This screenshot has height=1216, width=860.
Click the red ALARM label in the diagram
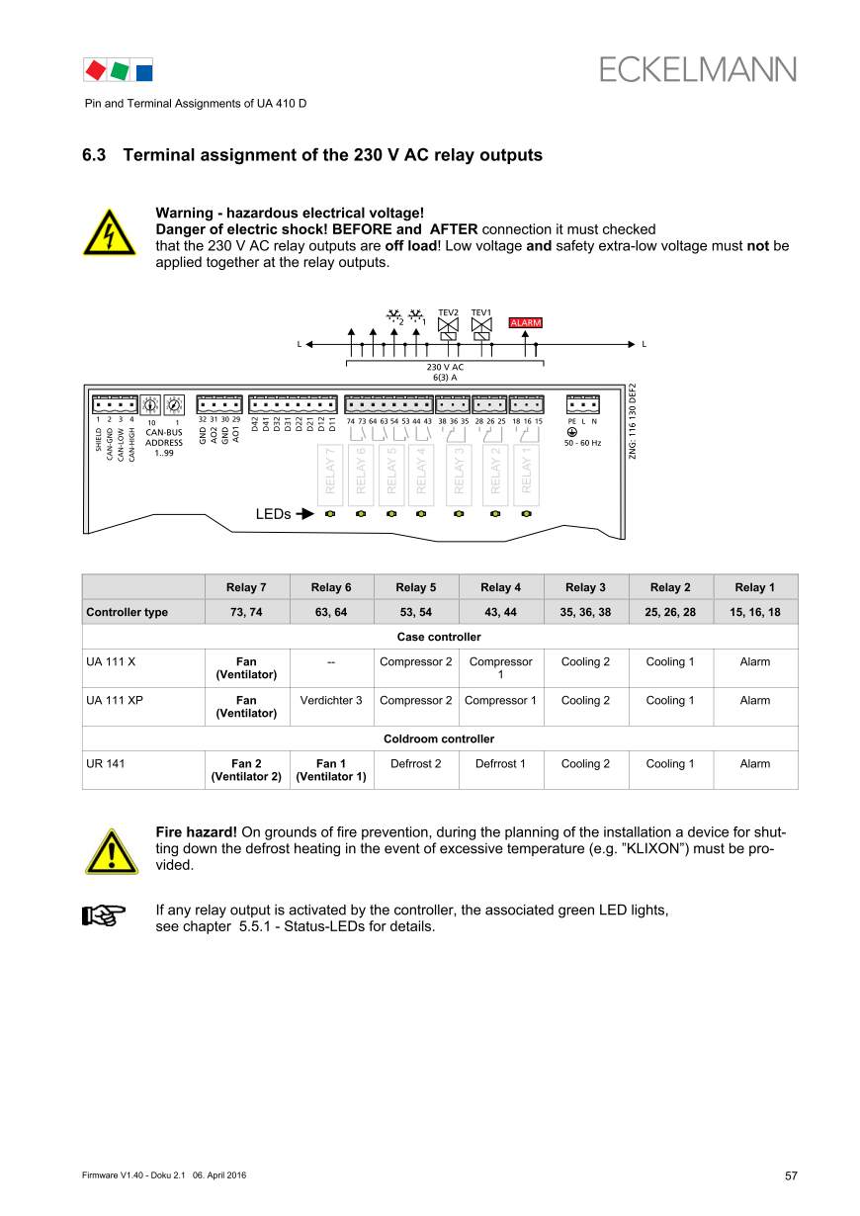click(x=525, y=322)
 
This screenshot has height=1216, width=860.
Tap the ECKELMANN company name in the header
click(x=697, y=69)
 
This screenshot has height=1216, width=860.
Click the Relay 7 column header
click(x=246, y=587)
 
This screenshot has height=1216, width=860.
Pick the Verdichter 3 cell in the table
click(x=331, y=701)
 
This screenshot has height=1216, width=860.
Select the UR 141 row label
click(x=104, y=764)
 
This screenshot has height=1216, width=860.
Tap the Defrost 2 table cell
click(x=415, y=764)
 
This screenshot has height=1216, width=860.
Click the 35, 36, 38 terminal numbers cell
click(x=585, y=613)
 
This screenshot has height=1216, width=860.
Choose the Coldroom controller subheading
click(x=439, y=739)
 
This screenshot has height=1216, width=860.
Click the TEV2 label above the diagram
click(x=448, y=312)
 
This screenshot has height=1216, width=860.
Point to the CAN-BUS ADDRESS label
click(x=164, y=437)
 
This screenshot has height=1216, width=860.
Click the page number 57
click(x=791, y=1175)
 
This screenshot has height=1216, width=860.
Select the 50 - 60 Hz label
click(x=582, y=443)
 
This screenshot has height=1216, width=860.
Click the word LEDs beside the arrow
click(x=273, y=514)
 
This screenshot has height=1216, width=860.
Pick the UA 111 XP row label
click(x=115, y=701)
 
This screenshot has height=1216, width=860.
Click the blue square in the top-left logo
click(x=144, y=70)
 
